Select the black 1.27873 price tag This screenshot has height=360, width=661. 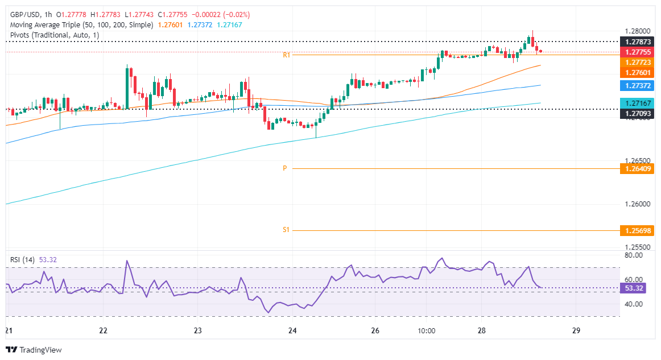click(x=638, y=42)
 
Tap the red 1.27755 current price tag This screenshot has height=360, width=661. click(x=638, y=52)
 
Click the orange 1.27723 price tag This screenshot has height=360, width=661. click(x=638, y=62)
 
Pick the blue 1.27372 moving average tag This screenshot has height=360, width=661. click(x=638, y=85)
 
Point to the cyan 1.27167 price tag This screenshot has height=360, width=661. click(x=638, y=104)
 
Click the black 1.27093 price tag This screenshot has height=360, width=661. click(x=638, y=114)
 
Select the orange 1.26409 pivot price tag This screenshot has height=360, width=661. click(x=638, y=169)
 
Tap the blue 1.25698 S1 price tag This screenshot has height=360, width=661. click(x=638, y=230)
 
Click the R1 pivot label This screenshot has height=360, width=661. click(x=287, y=55)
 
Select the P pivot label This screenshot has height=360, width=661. click(x=284, y=169)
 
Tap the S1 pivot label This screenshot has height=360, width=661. click(x=286, y=230)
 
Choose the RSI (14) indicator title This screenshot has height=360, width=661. click(x=22, y=260)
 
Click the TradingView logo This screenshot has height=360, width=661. click(x=34, y=350)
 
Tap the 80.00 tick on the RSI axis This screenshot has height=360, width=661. click(x=634, y=255)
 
